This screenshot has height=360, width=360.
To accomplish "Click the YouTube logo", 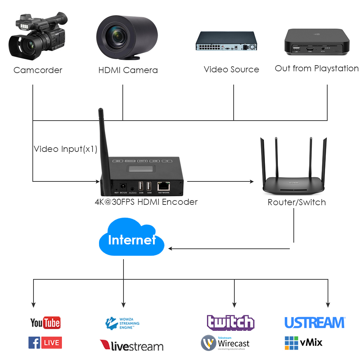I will [45, 323].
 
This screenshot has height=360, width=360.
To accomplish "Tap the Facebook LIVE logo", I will [45, 343].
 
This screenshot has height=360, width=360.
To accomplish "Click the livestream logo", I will [131, 346].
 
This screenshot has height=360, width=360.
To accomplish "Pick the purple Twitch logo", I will [230, 322].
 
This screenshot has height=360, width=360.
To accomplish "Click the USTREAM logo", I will [315, 323].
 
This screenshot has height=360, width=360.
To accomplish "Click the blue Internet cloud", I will [131, 239].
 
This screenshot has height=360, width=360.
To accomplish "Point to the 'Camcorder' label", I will [38, 70].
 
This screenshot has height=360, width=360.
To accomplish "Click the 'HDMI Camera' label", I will [128, 70].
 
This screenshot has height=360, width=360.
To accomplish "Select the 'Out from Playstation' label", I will [316, 68].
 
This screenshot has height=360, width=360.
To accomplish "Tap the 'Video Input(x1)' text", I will [66, 149].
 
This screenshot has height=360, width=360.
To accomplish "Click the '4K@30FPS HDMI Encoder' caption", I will [146, 202].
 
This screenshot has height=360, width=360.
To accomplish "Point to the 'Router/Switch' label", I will [297, 202].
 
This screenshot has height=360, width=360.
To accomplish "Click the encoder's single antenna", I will [102, 140].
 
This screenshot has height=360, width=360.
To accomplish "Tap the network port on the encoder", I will [164, 186].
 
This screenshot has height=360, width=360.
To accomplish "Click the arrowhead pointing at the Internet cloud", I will [171, 248].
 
